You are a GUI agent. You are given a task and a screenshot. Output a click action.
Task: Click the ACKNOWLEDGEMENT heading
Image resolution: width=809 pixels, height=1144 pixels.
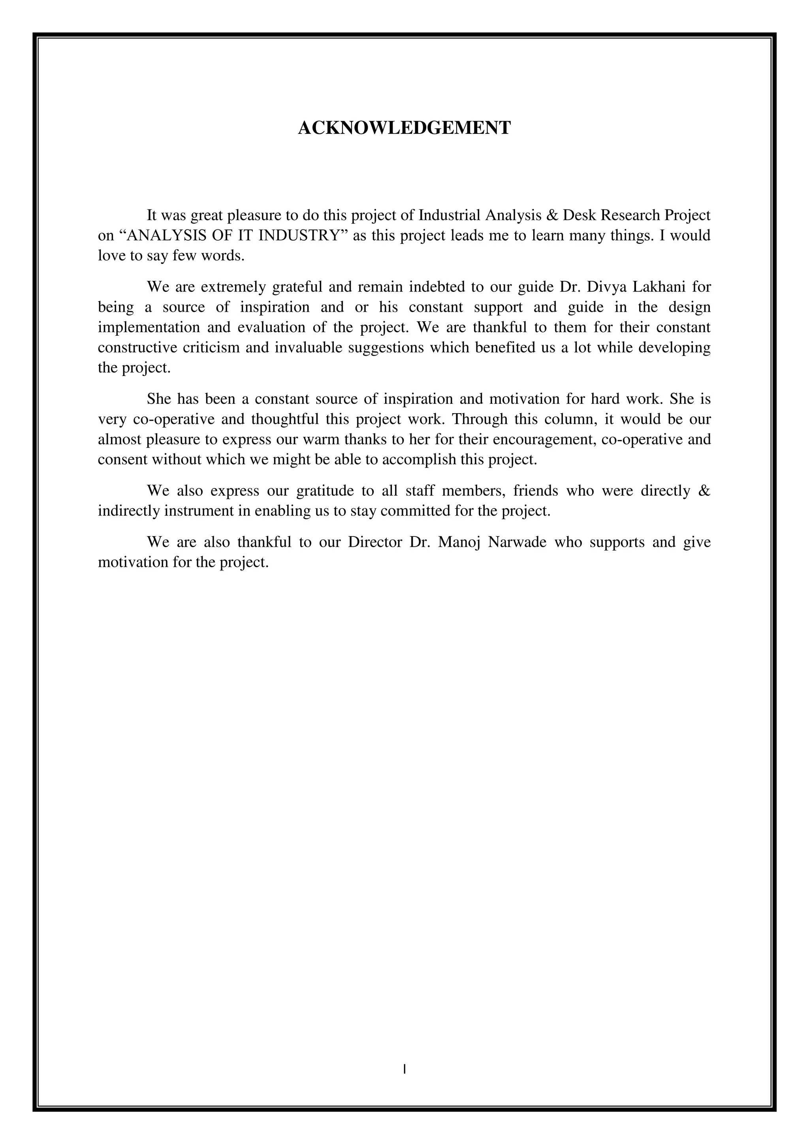coord(404,128)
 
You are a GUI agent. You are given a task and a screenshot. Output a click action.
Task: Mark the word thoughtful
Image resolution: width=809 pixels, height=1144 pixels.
coord(285,420)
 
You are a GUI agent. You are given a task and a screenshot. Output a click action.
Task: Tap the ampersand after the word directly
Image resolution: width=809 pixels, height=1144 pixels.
coord(704,491)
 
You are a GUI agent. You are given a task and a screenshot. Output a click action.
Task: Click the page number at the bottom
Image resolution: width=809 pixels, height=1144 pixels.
coord(404,1069)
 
